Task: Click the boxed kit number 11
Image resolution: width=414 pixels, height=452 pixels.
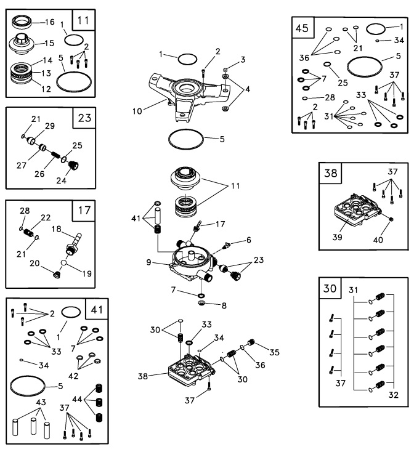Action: click(x=84, y=20)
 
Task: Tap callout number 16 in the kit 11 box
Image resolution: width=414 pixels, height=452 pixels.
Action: click(x=51, y=23)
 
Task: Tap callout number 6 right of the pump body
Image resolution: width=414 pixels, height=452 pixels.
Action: click(x=248, y=240)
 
